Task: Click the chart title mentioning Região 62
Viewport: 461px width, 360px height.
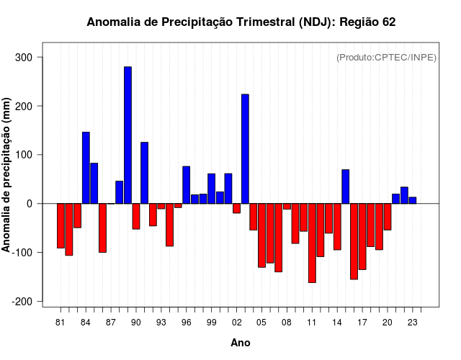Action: (x=241, y=22)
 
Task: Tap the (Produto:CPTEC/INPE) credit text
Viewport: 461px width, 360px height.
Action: (x=386, y=58)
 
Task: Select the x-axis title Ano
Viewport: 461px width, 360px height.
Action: (x=241, y=343)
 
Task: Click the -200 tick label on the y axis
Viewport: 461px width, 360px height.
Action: (x=27, y=301)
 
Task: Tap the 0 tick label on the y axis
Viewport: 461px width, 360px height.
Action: (x=36, y=204)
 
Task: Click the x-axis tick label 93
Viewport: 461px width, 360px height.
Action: (x=161, y=323)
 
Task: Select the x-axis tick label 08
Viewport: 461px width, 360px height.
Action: (x=287, y=323)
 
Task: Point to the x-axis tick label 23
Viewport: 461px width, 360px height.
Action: (x=412, y=323)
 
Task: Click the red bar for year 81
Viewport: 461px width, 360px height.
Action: (x=61, y=226)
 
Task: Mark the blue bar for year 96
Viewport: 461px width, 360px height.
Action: (x=186, y=185)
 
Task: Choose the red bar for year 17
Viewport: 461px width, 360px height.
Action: (x=362, y=236)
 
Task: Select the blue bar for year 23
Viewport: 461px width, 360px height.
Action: (x=412, y=200)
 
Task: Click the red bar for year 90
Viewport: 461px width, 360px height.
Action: (x=136, y=216)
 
